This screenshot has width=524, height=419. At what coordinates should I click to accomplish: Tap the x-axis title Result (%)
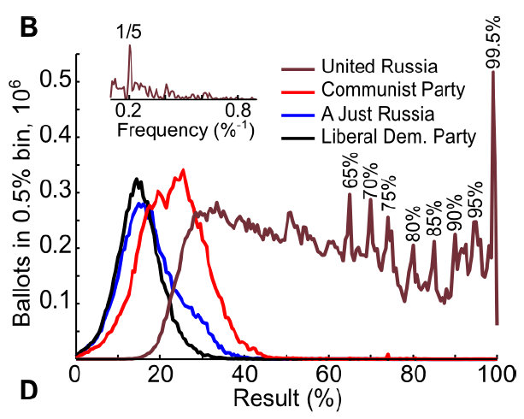coord(289,398)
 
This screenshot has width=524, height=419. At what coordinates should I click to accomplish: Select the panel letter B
coord(28,27)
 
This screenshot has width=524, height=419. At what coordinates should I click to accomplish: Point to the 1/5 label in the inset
coord(129,35)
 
